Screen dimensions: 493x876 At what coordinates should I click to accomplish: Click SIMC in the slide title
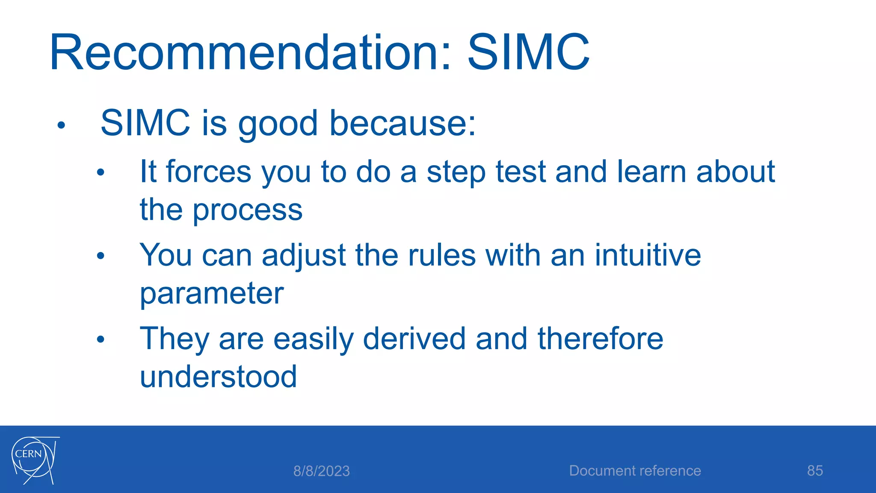[x=528, y=53]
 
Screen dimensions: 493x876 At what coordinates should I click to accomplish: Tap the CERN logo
[x=34, y=460]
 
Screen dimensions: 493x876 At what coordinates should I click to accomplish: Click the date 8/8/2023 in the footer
[x=321, y=471]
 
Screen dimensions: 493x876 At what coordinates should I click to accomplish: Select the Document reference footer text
[x=635, y=471]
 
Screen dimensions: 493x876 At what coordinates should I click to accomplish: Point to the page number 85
[x=815, y=471]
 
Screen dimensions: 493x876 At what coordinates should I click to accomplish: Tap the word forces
[x=208, y=172]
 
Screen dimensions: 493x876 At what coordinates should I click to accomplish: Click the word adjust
[x=303, y=256]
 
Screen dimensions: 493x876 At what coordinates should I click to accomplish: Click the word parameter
[x=212, y=294]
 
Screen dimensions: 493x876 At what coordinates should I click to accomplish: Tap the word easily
[x=313, y=339]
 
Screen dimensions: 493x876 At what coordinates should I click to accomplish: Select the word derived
[x=414, y=339]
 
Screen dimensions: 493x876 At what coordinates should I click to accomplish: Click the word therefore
[x=600, y=339]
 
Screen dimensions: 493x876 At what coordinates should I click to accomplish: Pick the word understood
[x=218, y=377]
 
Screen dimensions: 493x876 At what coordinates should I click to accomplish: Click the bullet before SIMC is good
[x=61, y=125]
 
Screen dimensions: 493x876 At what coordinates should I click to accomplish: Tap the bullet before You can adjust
[x=101, y=256]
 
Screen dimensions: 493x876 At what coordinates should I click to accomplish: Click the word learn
[x=651, y=172]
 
